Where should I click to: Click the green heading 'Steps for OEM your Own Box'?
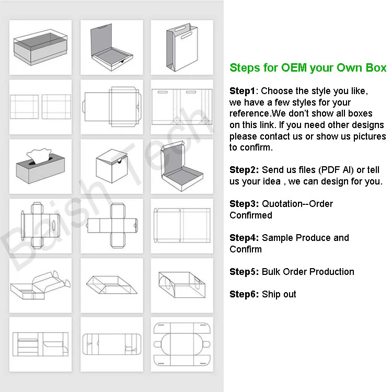point(308,68)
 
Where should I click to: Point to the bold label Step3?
point(245,204)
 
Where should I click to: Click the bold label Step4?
point(245,238)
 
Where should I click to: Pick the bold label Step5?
point(245,272)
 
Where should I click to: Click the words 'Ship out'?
point(279,294)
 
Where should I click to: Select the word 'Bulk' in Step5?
point(272,272)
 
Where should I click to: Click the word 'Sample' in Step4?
point(278,238)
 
